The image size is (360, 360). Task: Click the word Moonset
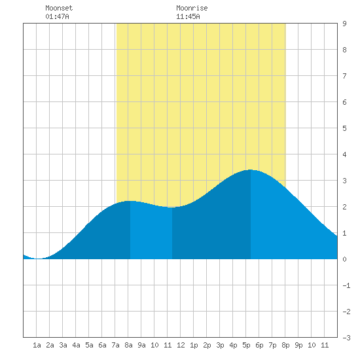click(59, 8)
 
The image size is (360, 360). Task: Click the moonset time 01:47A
click(57, 16)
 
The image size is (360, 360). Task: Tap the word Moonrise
click(192, 8)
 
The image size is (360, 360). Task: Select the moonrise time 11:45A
click(188, 16)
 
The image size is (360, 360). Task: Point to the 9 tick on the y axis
click(344, 24)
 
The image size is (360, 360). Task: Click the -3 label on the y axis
click(346, 338)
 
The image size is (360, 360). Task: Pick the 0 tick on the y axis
click(344, 259)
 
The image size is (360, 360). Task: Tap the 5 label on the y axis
click(344, 128)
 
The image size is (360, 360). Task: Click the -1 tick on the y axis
click(346, 285)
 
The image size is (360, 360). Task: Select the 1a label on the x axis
click(37, 345)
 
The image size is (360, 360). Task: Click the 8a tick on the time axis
click(128, 345)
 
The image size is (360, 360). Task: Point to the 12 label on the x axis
click(181, 345)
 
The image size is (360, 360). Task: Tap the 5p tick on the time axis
click(246, 345)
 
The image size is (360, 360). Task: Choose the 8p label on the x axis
click(285, 345)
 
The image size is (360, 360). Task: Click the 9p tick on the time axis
click(298, 345)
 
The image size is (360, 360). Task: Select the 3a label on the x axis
click(63, 345)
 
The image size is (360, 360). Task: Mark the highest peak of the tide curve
click(250, 170)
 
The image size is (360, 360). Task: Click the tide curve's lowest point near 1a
click(39, 259)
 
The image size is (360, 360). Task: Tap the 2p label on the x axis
click(207, 345)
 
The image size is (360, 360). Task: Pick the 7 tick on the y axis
click(344, 76)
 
